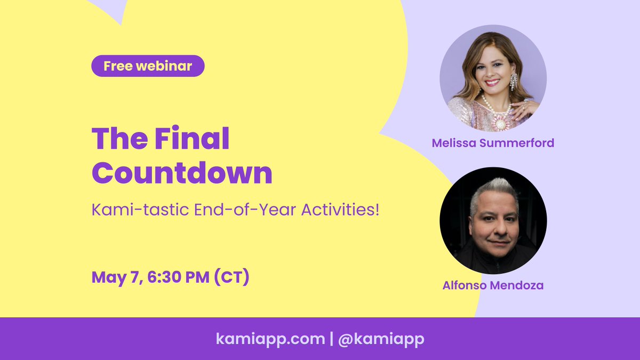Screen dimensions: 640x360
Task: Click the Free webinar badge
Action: coord(148,66)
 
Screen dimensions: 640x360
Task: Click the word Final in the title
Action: coord(191,138)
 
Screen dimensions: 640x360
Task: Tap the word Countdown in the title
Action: coord(182,173)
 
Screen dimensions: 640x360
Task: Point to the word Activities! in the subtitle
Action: coord(340,210)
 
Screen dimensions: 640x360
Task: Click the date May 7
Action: coord(117,277)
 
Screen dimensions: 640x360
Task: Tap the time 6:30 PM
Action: coord(178,277)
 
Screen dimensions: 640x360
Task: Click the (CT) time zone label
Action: coord(231,277)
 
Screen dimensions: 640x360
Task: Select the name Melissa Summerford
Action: coord(493,143)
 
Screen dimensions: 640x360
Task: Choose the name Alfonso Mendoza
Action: coord(493,285)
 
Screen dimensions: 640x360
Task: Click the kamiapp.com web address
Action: coord(270,339)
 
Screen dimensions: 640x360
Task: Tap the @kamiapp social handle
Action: coord(381,339)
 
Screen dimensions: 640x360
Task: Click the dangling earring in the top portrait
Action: coord(514,82)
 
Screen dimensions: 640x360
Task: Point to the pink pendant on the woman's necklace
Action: coord(500,122)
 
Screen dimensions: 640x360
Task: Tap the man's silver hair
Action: coord(493,191)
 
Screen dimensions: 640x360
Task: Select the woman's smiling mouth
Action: coord(492,83)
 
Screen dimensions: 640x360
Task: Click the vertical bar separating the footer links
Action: coord(331,339)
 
